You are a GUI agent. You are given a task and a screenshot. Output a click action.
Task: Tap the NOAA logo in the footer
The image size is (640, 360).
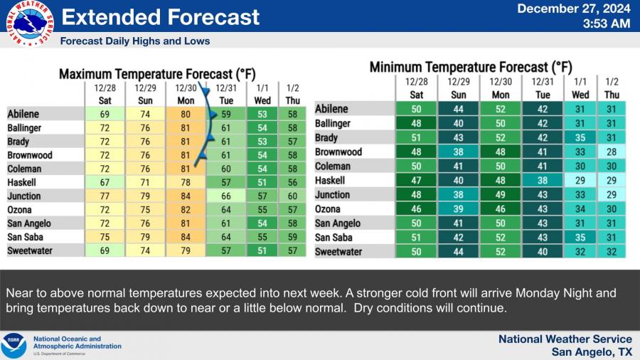click(x=14, y=346)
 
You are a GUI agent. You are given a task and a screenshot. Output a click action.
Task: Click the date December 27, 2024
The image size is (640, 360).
click(x=573, y=9)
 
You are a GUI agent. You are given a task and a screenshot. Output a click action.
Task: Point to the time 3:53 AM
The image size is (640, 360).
click(x=606, y=23)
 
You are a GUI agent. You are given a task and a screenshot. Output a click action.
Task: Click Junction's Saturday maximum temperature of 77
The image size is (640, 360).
click(x=105, y=196)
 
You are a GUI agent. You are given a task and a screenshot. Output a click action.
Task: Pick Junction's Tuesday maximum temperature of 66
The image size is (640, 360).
click(x=227, y=196)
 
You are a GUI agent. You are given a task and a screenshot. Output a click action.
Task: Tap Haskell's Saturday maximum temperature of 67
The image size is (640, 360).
click(x=105, y=183)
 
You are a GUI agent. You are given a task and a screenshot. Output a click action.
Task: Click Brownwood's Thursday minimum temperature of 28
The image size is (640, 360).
click(x=612, y=152)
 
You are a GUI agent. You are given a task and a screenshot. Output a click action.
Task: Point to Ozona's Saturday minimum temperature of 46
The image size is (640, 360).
click(x=417, y=209)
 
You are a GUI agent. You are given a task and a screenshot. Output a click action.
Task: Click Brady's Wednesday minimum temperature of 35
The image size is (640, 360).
click(x=580, y=138)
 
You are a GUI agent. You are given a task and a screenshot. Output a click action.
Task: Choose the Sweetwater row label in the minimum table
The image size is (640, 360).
click(x=338, y=252)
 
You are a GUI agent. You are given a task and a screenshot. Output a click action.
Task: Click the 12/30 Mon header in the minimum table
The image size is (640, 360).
click(x=500, y=88)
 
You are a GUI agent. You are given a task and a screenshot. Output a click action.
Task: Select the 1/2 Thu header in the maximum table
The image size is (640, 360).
click(x=292, y=94)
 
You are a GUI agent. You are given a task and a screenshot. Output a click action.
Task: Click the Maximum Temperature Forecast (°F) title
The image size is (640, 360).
click(x=157, y=74)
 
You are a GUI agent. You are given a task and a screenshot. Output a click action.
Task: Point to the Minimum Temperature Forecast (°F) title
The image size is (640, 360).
click(x=471, y=68)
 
